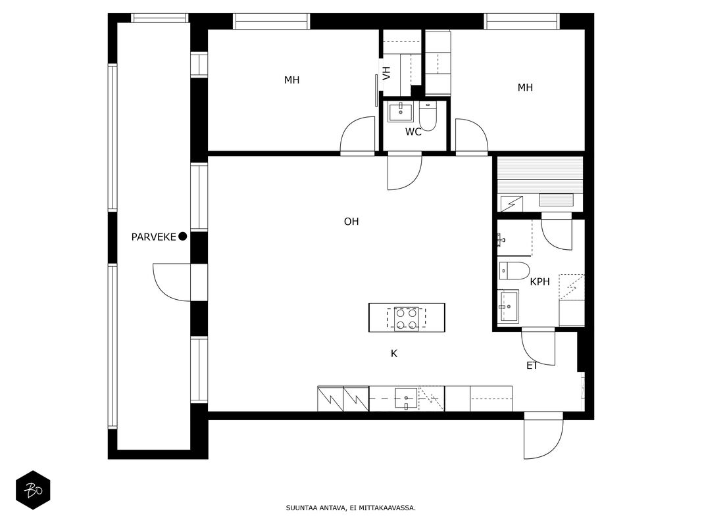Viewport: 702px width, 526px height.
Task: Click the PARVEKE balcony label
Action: [153, 237]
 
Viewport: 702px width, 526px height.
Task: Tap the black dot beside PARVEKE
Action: [183, 237]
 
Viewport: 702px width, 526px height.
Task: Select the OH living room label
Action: [351, 222]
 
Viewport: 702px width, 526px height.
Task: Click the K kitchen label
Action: [394, 354]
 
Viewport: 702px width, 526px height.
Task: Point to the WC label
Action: [413, 132]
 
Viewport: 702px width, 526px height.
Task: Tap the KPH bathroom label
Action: [540, 282]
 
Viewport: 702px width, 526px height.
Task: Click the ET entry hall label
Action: [532, 366]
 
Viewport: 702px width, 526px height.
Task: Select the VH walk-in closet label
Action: [387, 73]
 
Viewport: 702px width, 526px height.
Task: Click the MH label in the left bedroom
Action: [292, 80]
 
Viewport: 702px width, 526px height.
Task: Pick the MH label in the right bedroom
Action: [525, 87]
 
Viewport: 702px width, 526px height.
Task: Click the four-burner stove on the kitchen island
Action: [407, 319]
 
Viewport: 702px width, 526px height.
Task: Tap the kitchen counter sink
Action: [406, 398]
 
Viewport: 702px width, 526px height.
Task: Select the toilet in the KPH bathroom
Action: [514, 271]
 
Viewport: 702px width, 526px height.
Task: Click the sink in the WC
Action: [401, 112]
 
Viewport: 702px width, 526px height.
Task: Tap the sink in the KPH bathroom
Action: [509, 306]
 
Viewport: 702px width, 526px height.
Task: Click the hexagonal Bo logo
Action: [33, 490]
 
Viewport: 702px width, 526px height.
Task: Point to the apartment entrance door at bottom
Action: [543, 435]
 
